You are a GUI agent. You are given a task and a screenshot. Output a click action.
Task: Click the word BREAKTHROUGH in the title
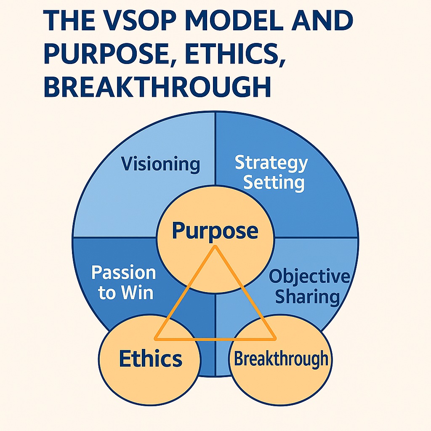pyautogui.click(x=157, y=86)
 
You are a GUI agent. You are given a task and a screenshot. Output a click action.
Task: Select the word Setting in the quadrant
pyautogui.click(x=274, y=183)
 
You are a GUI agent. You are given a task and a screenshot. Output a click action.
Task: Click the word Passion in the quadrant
pyautogui.click(x=124, y=273)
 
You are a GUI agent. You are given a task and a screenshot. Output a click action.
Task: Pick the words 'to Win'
pyautogui.click(x=125, y=293)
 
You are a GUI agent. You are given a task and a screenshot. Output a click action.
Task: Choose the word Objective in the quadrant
pyautogui.click(x=309, y=277)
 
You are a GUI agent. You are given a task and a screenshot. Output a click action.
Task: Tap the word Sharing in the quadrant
pyautogui.click(x=308, y=297)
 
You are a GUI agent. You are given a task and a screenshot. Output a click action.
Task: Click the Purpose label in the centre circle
pyautogui.click(x=215, y=231)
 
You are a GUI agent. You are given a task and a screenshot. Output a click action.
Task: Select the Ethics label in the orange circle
pyautogui.click(x=151, y=359)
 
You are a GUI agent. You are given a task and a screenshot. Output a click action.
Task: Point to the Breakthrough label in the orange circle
pyautogui.click(x=281, y=359)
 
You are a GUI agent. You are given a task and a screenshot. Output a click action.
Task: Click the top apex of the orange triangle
pyautogui.click(x=215, y=246)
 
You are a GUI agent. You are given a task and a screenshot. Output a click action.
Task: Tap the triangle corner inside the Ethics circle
pyautogui.click(x=156, y=339)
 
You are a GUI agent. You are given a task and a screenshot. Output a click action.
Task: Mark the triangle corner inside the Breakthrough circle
pyautogui.click(x=275, y=339)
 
